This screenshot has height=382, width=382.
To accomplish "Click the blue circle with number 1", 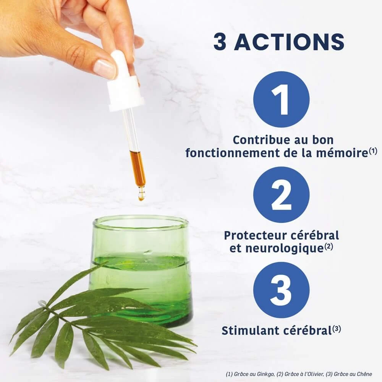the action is (282, 99).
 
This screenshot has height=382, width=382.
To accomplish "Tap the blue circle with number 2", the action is (282, 195).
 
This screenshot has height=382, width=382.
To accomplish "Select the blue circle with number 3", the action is (282, 290).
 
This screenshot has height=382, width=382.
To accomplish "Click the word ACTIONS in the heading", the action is (289, 42).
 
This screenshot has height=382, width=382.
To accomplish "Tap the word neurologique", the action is (284, 249).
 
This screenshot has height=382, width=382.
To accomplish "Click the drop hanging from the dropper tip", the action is (141, 196).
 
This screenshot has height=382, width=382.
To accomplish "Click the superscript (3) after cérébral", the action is (337, 329).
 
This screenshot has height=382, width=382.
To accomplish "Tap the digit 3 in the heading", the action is (220, 42).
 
